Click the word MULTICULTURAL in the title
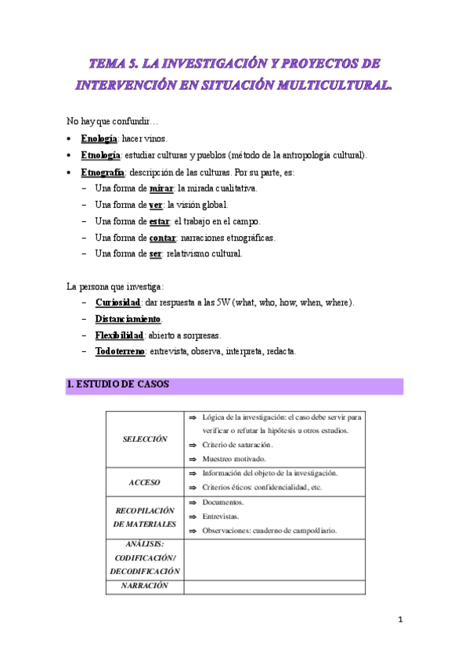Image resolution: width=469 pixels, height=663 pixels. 327,84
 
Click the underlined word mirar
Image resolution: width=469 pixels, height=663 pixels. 161,188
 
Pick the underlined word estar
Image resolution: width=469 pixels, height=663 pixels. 159,221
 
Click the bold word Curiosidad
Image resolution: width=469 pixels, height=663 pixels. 117,303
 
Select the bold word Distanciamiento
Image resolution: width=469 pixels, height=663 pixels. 128,319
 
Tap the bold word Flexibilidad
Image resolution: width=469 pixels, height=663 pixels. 119,335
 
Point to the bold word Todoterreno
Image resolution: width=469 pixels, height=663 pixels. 121,352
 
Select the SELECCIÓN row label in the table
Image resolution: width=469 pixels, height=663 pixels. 145,439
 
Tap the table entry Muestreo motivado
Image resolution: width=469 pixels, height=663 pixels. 233,459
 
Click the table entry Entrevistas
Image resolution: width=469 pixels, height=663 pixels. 222,516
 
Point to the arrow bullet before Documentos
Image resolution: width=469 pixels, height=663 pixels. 192,502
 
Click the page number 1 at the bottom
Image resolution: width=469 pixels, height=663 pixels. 400,620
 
